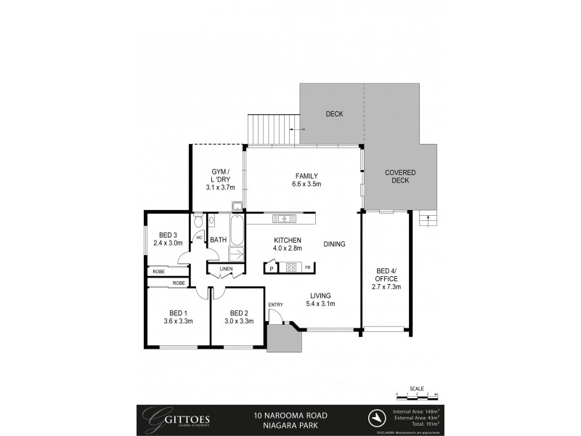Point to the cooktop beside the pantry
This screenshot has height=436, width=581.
click(x=290, y=267)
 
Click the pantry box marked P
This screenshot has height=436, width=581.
click(x=271, y=268)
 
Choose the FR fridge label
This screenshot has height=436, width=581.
click(x=307, y=268)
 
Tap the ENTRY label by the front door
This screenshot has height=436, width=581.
click(x=276, y=304)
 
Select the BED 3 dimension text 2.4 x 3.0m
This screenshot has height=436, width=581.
click(x=168, y=244)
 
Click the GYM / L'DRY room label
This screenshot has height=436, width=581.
click(x=216, y=177)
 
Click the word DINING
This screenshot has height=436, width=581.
click(x=334, y=244)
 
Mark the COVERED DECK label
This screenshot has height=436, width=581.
click(x=399, y=177)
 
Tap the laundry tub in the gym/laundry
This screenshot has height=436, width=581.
click(x=237, y=206)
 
